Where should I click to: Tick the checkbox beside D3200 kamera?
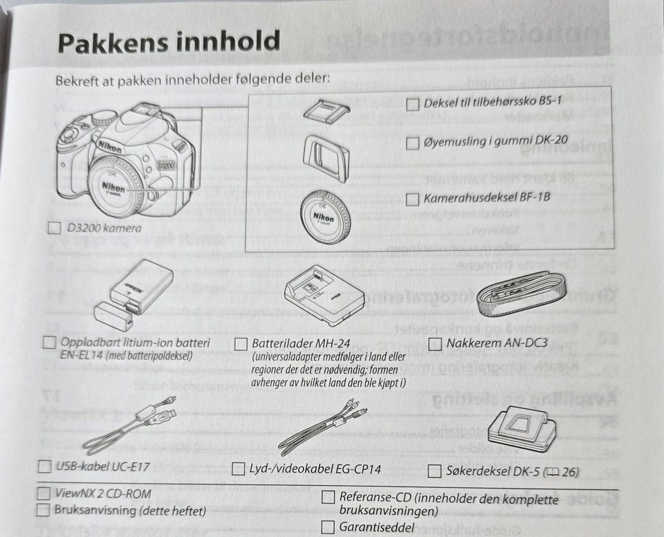pyautogui.click(x=55, y=228)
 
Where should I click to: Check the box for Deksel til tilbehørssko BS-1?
pyautogui.click(x=412, y=104)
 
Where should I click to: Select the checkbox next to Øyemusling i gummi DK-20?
pyautogui.click(x=412, y=143)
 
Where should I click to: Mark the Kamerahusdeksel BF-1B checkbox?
pyautogui.click(x=412, y=199)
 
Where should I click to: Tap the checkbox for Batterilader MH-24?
pyautogui.click(x=241, y=344)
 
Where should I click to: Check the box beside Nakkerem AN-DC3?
pyautogui.click(x=435, y=343)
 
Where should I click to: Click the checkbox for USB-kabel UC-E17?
pyautogui.click(x=44, y=466)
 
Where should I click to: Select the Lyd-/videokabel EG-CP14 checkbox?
pyautogui.click(x=239, y=468)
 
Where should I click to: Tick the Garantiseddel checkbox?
pyautogui.click(x=328, y=527)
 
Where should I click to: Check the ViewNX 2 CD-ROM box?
pyautogui.click(x=44, y=493)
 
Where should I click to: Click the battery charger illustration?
pyautogui.click(x=324, y=295)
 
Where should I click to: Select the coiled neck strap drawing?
pyautogui.click(x=522, y=294)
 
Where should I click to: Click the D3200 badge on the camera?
pyautogui.click(x=166, y=165)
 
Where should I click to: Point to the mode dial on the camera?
pyautogui.click(x=104, y=118)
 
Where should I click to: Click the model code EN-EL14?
pyautogui.click(x=82, y=355)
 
